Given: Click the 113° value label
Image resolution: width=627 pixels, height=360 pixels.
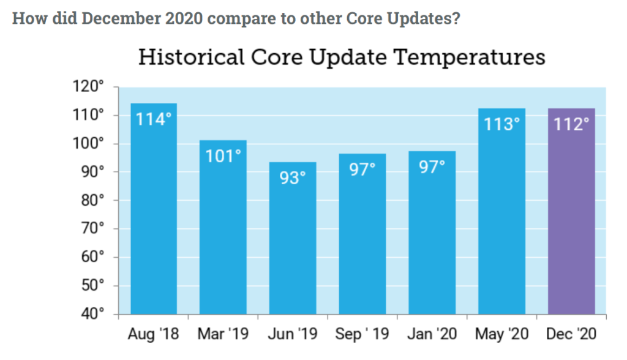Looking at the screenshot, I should tap(501, 124).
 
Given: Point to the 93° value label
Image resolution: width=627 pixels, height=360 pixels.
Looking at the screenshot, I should tap(293, 178).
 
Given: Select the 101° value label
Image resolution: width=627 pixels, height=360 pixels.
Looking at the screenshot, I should tap(223, 156).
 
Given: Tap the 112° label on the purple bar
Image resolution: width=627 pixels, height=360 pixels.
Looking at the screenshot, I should tap(571, 124).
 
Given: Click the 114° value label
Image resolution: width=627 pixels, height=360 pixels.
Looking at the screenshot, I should tap(154, 119).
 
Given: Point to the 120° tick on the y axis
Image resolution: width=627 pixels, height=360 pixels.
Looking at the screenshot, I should tap(91, 87).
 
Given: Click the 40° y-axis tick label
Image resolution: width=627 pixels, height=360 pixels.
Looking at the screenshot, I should tap(94, 314).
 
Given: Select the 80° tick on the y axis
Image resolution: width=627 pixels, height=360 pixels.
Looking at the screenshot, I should tap(94, 200).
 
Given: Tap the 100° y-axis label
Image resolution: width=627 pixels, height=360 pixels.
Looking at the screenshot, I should tap(91, 144).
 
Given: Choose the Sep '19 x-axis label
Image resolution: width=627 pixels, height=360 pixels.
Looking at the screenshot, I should tap(363, 336).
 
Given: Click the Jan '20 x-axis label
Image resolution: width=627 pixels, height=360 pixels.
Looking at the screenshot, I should tap(432, 336).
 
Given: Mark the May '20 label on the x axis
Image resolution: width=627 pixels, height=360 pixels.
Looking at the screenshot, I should tap(501, 336).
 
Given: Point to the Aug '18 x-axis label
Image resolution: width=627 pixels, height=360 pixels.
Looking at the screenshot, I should tap(154, 336).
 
